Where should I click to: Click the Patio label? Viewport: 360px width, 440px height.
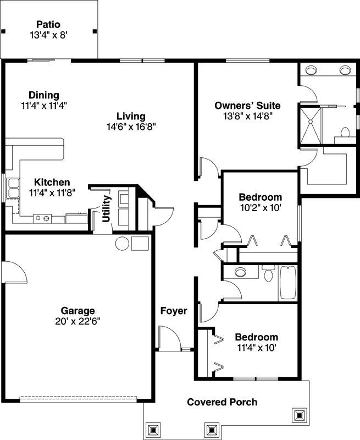click(48, 24)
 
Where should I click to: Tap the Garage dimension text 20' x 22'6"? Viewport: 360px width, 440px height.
click(77, 321)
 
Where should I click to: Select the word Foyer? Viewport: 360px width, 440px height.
click(174, 311)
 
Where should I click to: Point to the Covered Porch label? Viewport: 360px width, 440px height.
click(222, 402)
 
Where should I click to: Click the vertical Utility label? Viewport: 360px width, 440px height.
click(107, 209)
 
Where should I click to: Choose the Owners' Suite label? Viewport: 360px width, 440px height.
click(247, 106)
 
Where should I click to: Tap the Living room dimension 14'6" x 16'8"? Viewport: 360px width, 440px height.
click(131, 127)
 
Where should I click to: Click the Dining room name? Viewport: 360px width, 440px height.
click(44, 95)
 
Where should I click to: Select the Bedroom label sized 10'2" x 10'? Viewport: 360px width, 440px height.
click(260, 197)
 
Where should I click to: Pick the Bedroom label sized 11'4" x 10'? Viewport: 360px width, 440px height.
click(256, 337)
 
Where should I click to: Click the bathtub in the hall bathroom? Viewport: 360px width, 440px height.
click(288, 283)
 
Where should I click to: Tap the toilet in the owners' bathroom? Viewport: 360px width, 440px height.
click(346, 133)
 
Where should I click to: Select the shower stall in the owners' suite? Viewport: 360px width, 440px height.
click(309, 124)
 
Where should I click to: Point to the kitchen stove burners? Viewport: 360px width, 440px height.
click(42, 218)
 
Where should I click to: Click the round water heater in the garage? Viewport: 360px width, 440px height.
click(121, 243)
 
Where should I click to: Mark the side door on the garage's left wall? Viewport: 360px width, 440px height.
click(12, 272)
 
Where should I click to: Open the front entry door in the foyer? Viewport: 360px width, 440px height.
click(168, 337)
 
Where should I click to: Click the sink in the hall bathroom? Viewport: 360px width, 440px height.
click(240, 272)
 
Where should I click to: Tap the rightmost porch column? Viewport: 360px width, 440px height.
click(300, 415)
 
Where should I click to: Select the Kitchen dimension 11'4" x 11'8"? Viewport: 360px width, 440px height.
click(52, 193)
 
